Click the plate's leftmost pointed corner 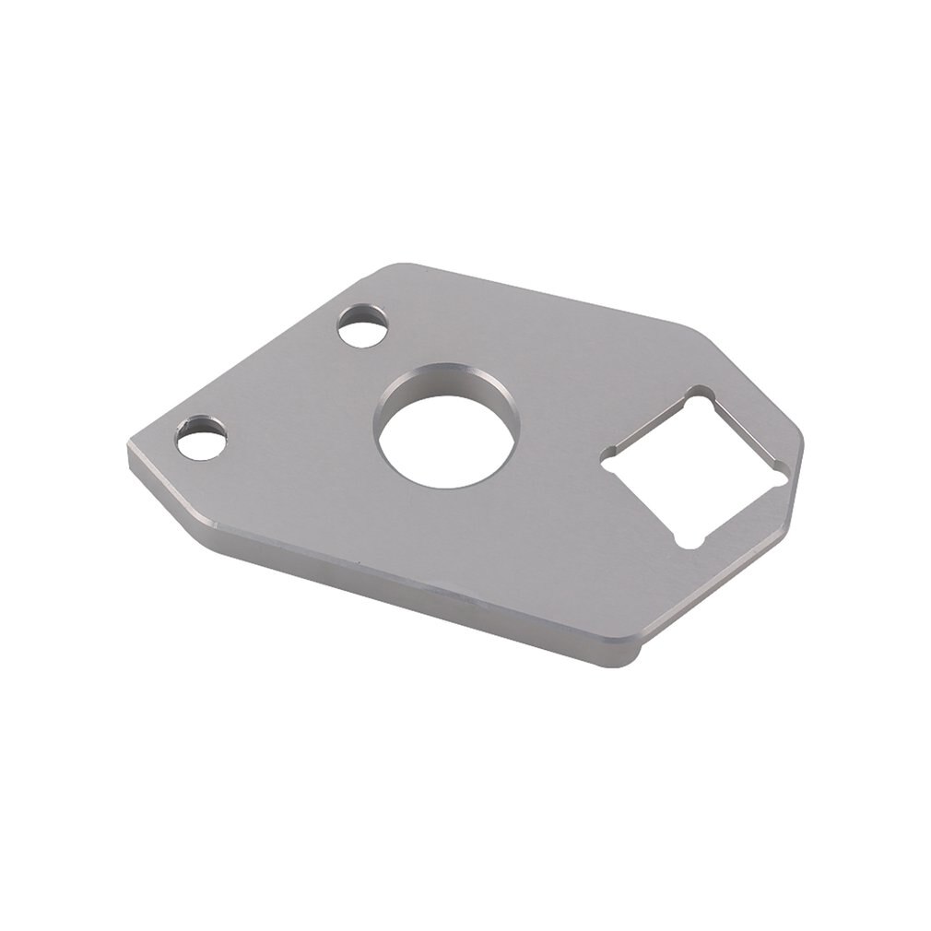(128, 455)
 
